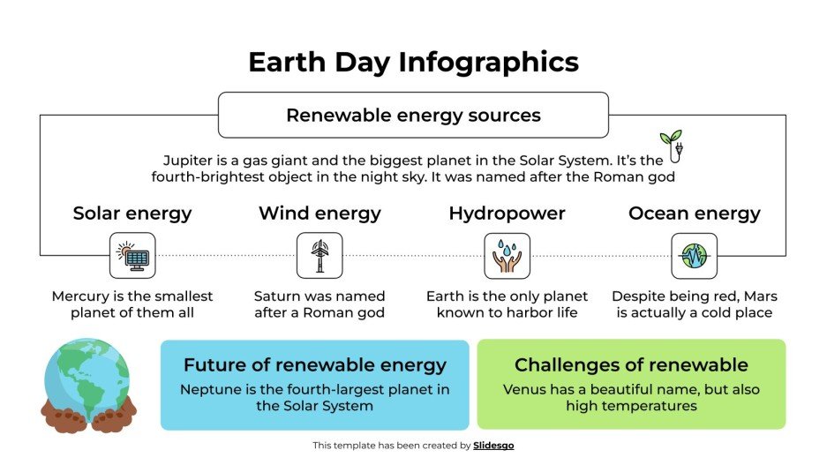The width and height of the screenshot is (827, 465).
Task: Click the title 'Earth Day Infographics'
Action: coord(413,63)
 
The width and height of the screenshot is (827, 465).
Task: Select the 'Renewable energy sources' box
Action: coord(413,116)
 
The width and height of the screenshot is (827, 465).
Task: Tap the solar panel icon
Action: coord(132,256)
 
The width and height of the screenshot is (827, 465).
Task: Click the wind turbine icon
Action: coord(320,256)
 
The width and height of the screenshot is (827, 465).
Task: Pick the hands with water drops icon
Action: coord(507,256)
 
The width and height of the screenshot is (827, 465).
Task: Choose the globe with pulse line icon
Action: coord(694,256)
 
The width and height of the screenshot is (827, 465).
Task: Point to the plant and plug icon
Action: coord(672,146)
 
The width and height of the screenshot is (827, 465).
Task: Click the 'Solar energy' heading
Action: coord(132,214)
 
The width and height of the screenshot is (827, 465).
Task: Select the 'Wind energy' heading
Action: coord(320,214)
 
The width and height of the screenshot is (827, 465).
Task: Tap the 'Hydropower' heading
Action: coord(507,214)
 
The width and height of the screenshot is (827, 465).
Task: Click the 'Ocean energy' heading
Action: coord(694,214)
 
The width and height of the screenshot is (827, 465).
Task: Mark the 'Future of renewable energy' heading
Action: coord(314,365)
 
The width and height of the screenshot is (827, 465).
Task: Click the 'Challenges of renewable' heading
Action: coord(631,365)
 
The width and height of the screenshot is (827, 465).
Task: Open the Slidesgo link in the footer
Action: coord(493,446)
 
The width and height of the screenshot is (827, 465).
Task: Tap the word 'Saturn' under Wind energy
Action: coord(277,296)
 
